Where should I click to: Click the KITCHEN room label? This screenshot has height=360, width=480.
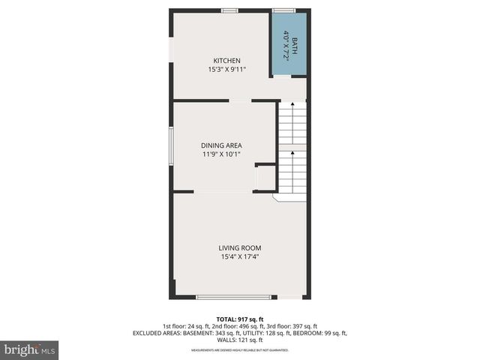226,61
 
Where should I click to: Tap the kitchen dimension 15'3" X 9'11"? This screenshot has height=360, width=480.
226,70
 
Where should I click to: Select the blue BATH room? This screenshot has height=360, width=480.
289,44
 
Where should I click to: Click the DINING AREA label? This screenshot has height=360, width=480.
221,145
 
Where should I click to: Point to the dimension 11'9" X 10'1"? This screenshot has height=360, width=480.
221,154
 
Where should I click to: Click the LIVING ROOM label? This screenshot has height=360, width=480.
240,248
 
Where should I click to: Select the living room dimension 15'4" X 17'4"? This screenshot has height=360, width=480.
240,257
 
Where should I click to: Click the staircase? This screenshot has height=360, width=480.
292,150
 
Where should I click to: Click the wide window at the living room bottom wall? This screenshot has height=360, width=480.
233,298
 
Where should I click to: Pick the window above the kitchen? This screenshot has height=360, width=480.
229,10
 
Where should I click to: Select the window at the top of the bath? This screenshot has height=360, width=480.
283,10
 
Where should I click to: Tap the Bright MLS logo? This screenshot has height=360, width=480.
30,349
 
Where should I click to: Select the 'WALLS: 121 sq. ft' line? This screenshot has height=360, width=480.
240,340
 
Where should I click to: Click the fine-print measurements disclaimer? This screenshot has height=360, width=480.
240,350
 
